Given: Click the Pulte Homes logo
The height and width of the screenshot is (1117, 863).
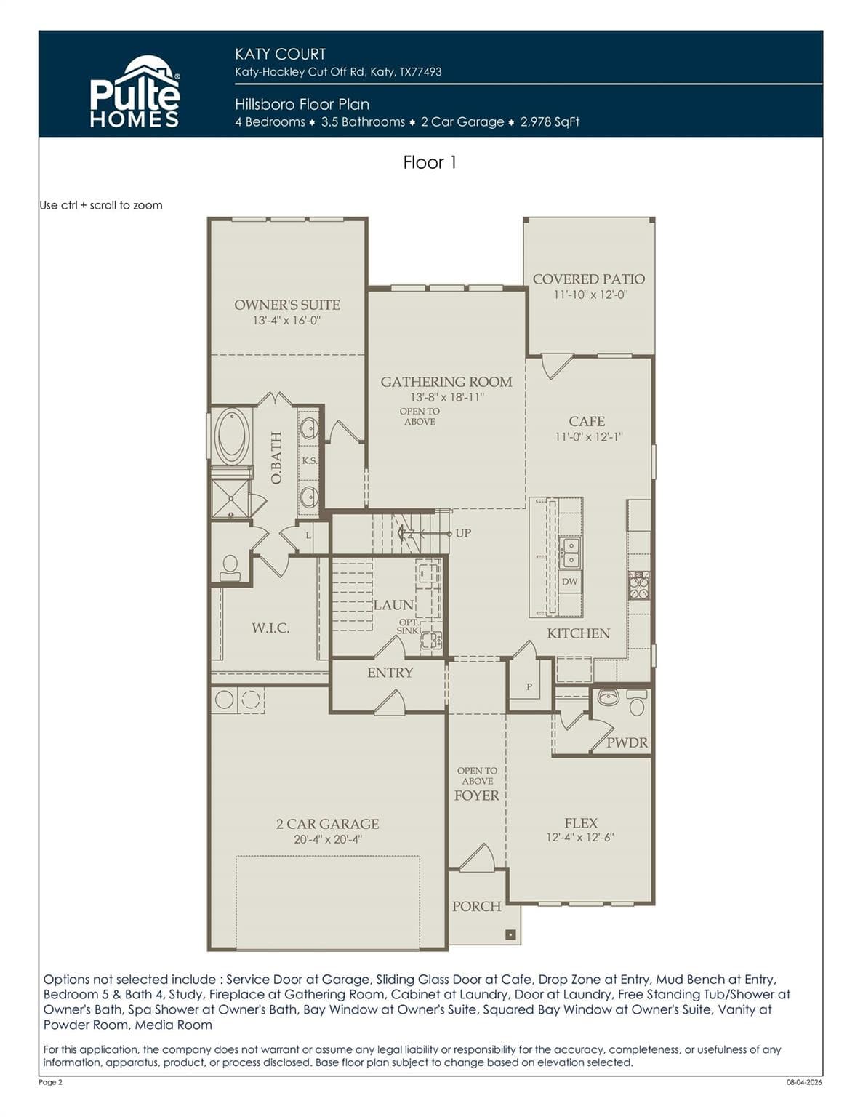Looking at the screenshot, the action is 135,92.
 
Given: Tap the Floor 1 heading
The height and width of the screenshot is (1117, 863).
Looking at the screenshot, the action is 430,162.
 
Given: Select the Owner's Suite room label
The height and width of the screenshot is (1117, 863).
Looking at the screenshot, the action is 287,305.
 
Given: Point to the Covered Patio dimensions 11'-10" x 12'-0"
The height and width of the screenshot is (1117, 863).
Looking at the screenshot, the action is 591,295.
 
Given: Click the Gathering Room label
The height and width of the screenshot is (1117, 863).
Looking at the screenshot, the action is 446,382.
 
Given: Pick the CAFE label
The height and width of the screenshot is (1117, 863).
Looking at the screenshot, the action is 587,422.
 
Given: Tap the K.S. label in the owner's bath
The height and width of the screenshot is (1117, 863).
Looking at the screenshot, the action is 309,460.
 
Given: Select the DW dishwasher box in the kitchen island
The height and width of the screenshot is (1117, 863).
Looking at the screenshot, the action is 570,582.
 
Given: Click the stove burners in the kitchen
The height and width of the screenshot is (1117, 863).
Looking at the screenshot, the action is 640,585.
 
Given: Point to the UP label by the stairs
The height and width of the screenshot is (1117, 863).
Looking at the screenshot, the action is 463,533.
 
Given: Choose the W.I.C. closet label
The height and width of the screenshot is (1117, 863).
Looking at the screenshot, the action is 270,628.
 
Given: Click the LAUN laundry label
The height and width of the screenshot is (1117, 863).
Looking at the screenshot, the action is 393,605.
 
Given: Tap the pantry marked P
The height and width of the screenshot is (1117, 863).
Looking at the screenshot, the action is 529,686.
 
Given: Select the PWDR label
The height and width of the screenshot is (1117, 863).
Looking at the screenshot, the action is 627,742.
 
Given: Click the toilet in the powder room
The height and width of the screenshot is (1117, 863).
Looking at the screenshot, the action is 637,702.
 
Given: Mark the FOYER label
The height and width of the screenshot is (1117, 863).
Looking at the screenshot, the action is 477,796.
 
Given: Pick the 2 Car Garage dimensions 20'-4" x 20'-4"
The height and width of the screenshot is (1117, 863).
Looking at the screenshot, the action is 328,839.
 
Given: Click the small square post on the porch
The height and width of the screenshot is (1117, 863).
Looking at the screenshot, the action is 510,934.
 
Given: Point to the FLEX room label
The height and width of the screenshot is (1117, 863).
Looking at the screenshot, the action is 581,823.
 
